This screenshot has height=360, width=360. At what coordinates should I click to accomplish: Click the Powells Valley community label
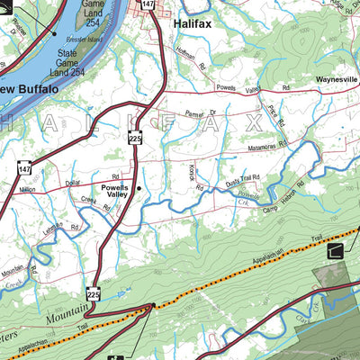pos(113,191)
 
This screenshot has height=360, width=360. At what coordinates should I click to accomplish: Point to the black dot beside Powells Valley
pos(139,188)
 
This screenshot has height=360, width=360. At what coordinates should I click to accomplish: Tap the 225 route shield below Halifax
pos(135,138)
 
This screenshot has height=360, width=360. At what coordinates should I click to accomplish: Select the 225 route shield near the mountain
pos(93,294)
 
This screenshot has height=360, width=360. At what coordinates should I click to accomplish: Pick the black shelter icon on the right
pos(336,251)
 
